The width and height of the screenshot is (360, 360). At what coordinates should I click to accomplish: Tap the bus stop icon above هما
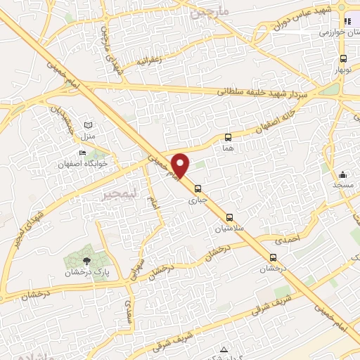tap(228, 137)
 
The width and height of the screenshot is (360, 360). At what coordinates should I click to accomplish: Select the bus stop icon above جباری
tap(198, 188)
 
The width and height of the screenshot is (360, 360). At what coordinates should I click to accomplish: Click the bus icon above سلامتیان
tap(230, 217)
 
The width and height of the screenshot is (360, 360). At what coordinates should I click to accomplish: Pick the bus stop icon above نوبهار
tap(342, 59)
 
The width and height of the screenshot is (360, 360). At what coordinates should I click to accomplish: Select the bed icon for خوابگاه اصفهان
tap(83, 153)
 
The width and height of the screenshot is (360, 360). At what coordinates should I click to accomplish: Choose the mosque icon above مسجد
tap(342, 174)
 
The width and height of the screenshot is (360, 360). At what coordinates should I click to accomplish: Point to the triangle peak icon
tap(224, 349)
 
